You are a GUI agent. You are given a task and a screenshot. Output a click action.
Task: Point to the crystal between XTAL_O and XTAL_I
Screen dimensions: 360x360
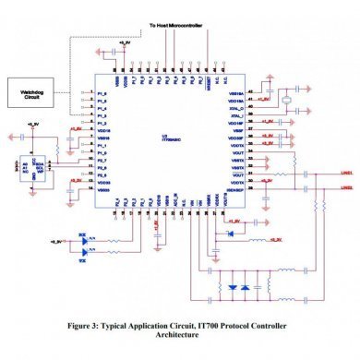[x=288, y=101]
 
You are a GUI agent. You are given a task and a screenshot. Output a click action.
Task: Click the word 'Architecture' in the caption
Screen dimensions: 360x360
[x=180, y=339]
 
